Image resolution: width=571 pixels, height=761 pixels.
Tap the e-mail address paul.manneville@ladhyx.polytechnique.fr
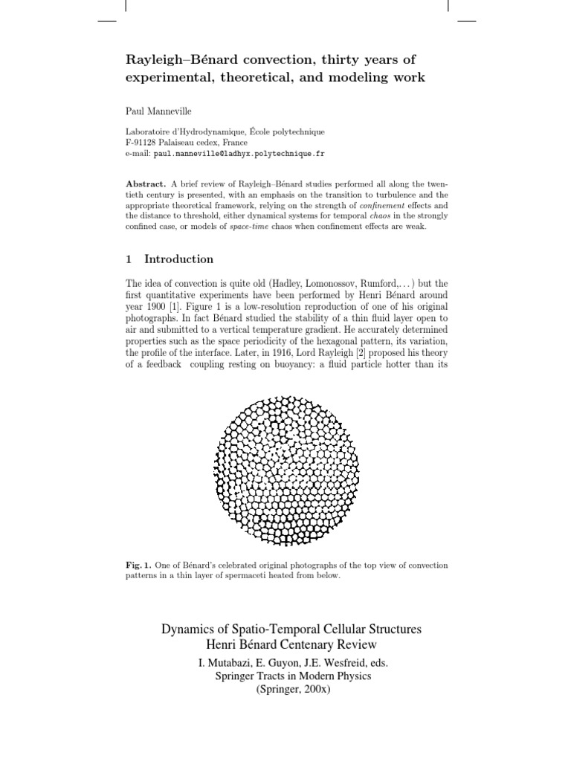coord(239,153)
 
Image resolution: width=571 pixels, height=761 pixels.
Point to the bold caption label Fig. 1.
coord(138,566)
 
